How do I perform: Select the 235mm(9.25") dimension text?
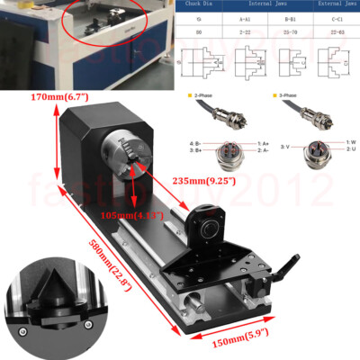tap(210, 180)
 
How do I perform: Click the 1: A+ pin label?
tap(264, 143)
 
